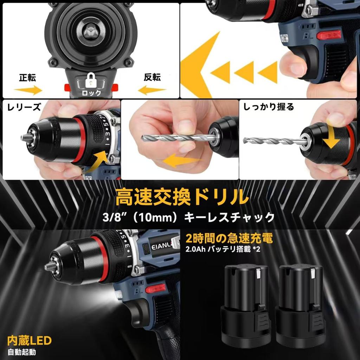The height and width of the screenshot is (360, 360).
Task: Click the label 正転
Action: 27,78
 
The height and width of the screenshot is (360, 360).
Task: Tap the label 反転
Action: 152,78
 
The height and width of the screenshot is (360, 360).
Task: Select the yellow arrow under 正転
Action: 28,90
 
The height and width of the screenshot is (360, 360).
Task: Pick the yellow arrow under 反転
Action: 152,90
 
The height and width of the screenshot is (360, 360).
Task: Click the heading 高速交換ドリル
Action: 180,197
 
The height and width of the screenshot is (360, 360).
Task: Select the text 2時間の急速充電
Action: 229,239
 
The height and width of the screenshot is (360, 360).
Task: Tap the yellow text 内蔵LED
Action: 30,340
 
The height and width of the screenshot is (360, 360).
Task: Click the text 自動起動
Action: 22,352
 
